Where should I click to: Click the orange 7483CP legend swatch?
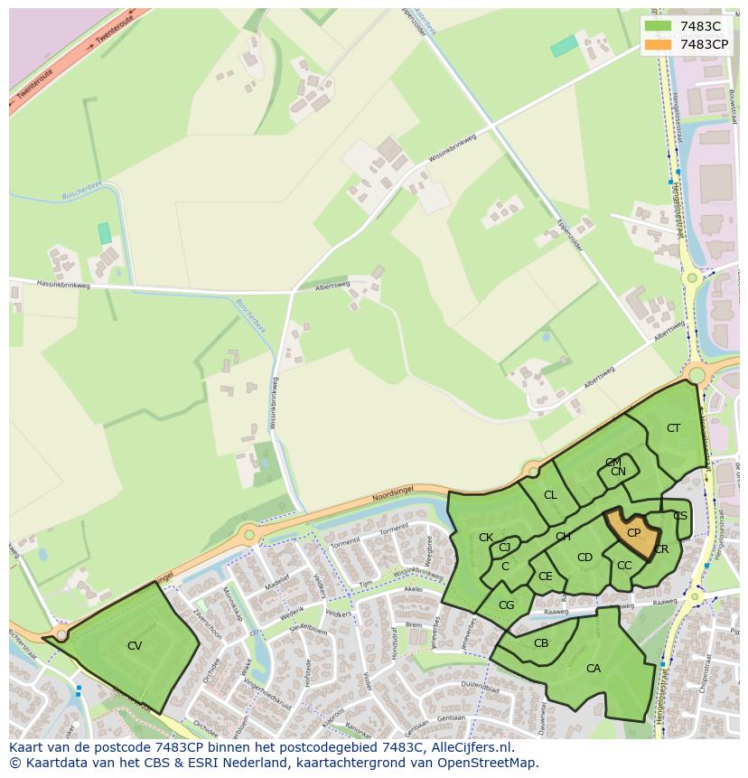[x=659, y=44]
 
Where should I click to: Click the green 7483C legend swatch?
[x=659, y=25]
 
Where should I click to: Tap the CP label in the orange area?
[x=633, y=533]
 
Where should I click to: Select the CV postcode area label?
[x=135, y=646]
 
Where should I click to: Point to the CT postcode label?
[x=673, y=428]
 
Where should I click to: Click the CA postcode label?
[x=594, y=669]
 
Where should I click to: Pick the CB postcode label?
[x=541, y=643]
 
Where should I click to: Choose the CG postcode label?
[x=506, y=605]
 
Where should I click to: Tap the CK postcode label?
[x=486, y=538]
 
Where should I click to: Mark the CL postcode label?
[x=550, y=495]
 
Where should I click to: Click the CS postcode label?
[x=680, y=516]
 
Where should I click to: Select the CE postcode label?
[x=545, y=576]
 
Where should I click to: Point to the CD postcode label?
[x=584, y=558]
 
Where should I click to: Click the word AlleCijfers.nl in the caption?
[x=470, y=748]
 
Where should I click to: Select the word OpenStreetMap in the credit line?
[x=485, y=764]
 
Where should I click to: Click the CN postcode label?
[x=618, y=472]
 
